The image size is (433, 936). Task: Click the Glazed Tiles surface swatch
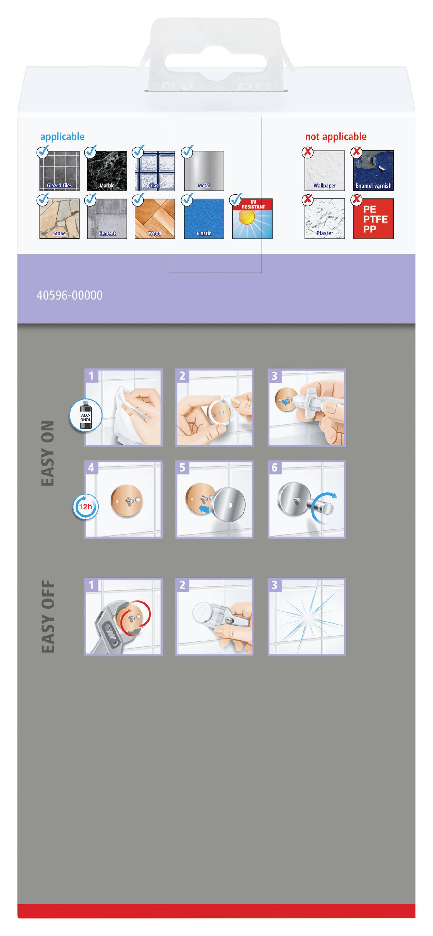[x=59, y=171]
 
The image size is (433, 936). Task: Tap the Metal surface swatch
[x=204, y=171]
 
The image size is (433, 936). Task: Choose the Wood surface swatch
[x=155, y=219]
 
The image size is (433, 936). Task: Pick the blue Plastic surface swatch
[x=204, y=219]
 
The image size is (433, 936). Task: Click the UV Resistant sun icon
[x=252, y=219]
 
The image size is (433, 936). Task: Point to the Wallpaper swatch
[x=325, y=171]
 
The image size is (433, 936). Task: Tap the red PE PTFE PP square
[x=373, y=219]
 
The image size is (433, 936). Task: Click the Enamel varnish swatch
[x=373, y=171]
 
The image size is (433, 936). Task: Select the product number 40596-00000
[x=69, y=295]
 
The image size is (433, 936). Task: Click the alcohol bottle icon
[x=86, y=415]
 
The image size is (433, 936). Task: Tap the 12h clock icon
[x=86, y=506]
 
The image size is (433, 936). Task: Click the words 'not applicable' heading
[x=336, y=137]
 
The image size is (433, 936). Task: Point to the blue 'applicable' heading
[x=62, y=137]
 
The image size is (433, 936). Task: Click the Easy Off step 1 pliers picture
[x=123, y=617]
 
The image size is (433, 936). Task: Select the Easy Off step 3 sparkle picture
[x=307, y=617]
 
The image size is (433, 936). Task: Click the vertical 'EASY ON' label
[x=48, y=453]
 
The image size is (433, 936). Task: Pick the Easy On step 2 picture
[x=214, y=408]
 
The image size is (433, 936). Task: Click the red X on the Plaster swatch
[x=308, y=199]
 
